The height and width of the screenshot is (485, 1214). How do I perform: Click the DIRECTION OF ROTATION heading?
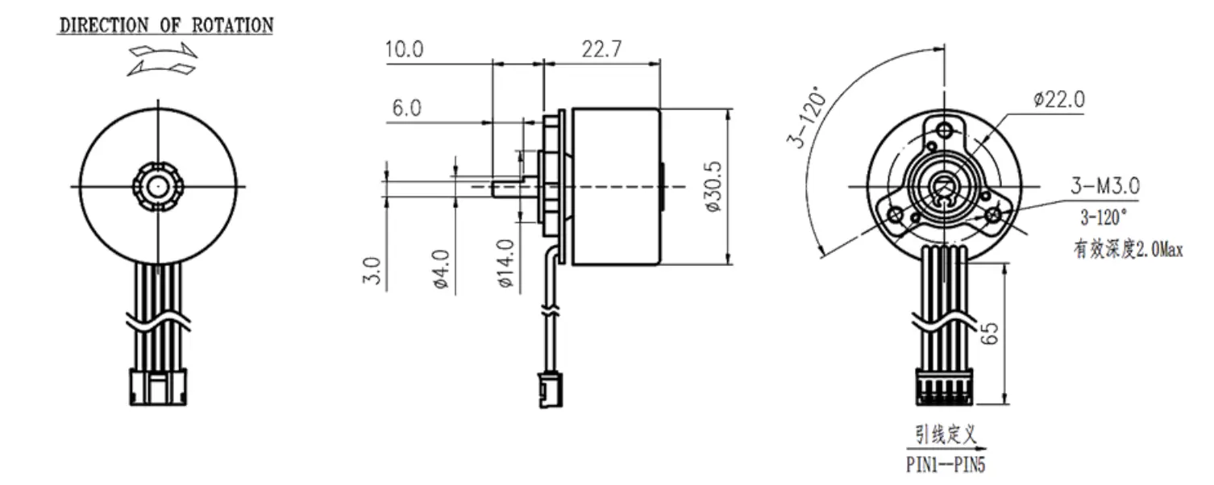coord(166,25)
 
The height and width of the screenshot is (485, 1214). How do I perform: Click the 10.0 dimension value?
coord(403,50)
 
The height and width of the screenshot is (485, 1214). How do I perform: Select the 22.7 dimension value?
coord(601,50)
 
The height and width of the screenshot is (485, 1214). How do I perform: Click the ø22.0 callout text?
coord(1058,99)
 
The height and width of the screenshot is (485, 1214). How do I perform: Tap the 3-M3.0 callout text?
coord(1104,187)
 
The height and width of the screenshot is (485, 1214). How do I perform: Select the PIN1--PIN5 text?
coord(944,466)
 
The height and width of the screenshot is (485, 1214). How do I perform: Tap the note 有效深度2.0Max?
coord(1127,251)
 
